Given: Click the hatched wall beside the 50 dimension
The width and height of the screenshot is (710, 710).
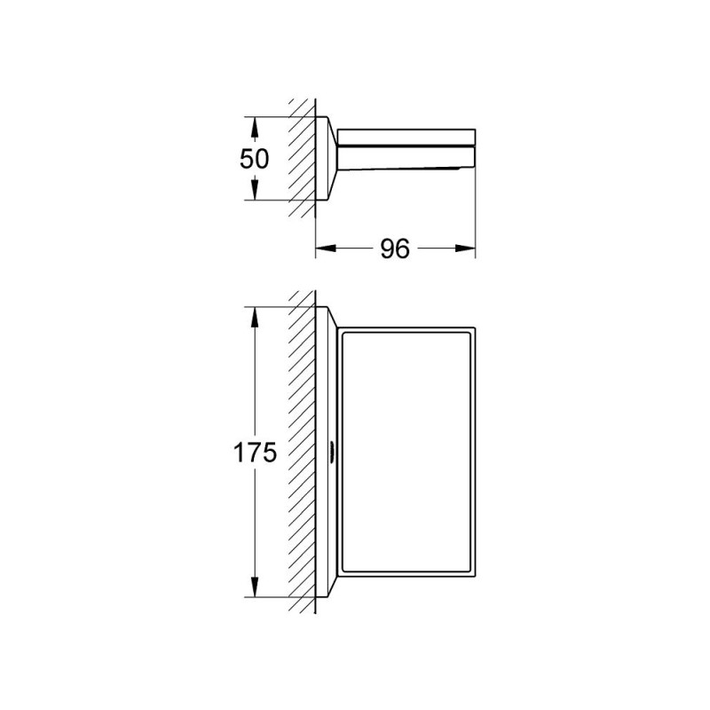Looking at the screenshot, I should click(303, 160).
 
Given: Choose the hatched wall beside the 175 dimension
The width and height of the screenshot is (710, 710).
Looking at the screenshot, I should click(303, 453).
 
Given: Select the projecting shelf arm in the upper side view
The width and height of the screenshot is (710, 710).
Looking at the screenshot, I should click(404, 147).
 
